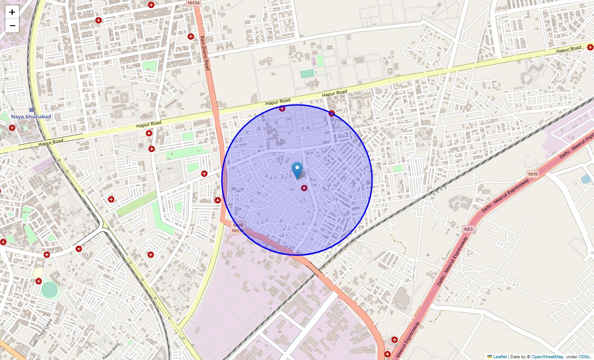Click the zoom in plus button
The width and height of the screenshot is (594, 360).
click(x=12, y=12)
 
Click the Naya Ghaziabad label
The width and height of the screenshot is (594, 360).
click(x=31, y=117)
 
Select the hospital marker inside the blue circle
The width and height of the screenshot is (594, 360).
click(x=304, y=188)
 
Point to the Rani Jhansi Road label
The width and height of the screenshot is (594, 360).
click(x=205, y=53)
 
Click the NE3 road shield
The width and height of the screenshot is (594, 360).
click(x=468, y=229)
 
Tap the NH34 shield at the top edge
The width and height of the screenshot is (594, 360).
click(x=193, y=3)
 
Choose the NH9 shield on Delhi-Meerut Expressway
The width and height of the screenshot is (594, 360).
click(x=533, y=174)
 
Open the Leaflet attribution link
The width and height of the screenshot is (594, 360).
click(x=499, y=356)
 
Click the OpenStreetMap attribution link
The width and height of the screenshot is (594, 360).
click(x=547, y=356)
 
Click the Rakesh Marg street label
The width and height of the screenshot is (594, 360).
click(x=111, y=351)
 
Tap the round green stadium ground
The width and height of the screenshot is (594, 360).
click(x=49, y=289)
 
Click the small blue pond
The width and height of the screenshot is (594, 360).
click(x=586, y=179)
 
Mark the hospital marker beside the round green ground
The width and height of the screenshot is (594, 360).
click(x=39, y=281)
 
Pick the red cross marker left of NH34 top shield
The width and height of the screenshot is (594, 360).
click(x=151, y=5)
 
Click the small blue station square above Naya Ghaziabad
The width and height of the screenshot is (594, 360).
click(x=31, y=110)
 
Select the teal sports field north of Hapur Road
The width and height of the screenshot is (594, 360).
click(x=307, y=74)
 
